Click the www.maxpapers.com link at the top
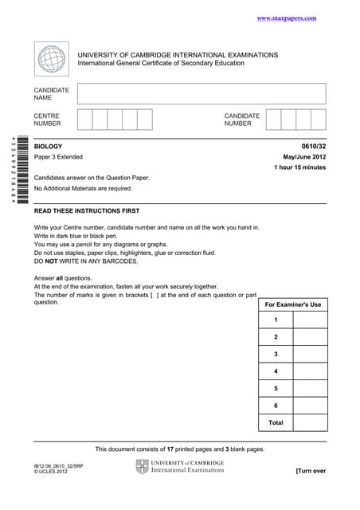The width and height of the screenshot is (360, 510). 287,18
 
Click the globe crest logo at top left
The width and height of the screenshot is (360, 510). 53,60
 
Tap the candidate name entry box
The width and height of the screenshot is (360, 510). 202,94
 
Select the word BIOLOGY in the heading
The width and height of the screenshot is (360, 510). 49,147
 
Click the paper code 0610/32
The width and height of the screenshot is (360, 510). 314,147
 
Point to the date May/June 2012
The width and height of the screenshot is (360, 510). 304,158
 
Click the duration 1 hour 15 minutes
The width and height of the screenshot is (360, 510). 299,168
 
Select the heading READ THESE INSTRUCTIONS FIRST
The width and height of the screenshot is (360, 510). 87,211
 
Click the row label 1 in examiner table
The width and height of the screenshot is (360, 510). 276,320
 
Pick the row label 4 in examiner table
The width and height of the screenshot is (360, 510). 276,371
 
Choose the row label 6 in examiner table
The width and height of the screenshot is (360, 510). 276,406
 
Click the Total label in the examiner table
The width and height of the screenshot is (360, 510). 276,422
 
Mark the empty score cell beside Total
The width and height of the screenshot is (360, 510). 310,422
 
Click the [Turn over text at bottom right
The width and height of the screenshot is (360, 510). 311,471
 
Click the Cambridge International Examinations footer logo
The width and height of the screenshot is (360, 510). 180,466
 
